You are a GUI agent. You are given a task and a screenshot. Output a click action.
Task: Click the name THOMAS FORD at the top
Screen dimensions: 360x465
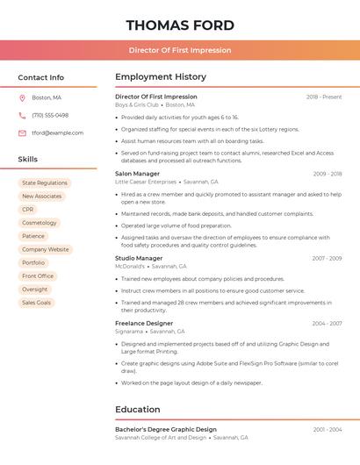[180, 25]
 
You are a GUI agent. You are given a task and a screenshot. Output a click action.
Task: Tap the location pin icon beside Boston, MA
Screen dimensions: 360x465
[22, 97]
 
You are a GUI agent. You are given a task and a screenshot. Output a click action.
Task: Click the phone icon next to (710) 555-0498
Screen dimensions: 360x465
[22, 115]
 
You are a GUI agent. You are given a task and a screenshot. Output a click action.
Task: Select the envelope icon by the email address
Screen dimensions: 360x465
[22, 133]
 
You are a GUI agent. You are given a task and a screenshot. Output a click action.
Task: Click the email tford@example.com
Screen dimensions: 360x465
[58, 133]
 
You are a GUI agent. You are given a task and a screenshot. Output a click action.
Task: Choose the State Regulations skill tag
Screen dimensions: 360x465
[45, 183]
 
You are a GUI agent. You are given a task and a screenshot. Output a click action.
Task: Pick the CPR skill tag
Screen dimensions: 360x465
[28, 210]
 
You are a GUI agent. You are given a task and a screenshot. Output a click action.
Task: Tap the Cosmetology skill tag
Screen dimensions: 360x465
[40, 223]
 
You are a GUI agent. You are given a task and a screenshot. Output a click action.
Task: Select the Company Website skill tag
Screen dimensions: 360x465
[46, 249]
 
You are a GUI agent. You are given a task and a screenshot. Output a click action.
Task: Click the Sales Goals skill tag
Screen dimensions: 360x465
[37, 303]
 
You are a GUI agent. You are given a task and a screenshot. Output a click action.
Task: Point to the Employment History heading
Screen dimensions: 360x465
[161, 77]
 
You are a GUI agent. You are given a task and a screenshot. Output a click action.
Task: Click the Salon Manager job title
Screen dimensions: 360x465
[138, 174]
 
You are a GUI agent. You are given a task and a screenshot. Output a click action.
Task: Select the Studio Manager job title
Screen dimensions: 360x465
[139, 258]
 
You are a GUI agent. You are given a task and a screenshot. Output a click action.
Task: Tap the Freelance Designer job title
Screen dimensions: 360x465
[144, 324]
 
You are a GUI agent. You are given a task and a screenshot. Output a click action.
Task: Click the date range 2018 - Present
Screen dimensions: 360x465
[324, 97]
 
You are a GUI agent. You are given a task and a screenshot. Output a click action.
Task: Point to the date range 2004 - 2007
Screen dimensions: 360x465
[327, 324]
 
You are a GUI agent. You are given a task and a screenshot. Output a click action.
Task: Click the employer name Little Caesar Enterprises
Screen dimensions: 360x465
[145, 182]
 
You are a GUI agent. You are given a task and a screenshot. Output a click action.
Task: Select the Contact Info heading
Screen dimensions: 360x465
[41, 77]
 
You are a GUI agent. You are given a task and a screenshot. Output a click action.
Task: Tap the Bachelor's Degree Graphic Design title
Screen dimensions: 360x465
[166, 429]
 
